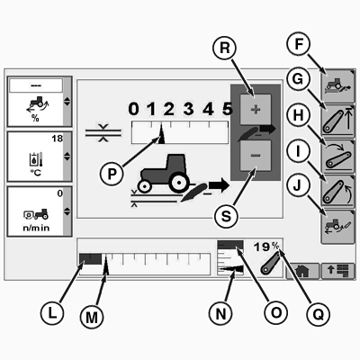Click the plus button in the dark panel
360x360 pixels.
point(256,109)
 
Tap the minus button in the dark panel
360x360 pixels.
point(256,156)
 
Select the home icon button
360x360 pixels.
point(302,271)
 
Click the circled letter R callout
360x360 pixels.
point(224,48)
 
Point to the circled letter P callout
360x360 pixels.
point(112,174)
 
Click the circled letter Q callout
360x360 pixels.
point(319,314)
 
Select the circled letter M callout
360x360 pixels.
point(92,317)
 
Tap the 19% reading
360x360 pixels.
point(266,247)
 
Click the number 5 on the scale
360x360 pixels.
point(228,109)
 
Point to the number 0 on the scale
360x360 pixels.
point(134,109)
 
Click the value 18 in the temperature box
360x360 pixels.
point(57,139)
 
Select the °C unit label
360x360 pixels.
point(36,173)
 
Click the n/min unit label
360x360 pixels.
point(36,228)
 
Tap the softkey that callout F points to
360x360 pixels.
point(337,85)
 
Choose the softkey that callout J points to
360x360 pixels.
point(337,227)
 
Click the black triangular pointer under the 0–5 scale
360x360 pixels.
point(161,134)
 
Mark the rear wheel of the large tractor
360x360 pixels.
point(179,182)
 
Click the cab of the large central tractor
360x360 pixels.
point(176,164)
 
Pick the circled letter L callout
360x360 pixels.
point(52,313)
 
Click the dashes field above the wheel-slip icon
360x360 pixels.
point(36,85)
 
